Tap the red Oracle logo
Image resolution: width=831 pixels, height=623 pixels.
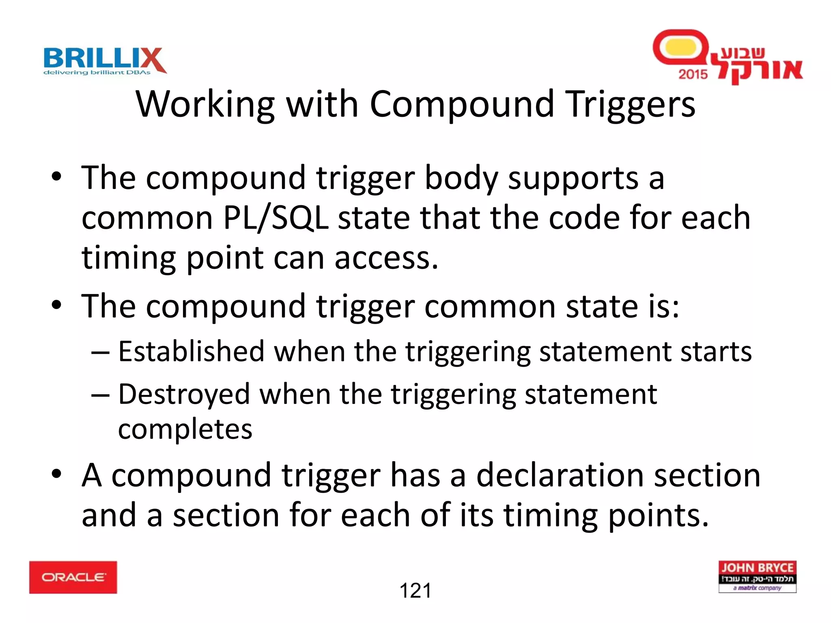pos(73,577)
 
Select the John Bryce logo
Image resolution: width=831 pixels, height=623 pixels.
pos(757,577)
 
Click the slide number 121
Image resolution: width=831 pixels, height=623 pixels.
pos(415,591)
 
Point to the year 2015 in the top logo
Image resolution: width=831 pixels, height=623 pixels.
pos(693,74)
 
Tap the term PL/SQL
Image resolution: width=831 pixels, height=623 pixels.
pos(276,218)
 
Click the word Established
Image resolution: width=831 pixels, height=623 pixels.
pos(191,351)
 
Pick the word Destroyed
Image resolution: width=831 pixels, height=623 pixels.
pos(184,394)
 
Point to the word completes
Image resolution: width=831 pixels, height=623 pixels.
pos(185,429)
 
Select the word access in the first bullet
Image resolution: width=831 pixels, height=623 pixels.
pos(386,258)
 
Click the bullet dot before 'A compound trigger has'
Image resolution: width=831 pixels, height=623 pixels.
pos(56,473)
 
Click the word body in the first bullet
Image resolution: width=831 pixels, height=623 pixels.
pos(461,178)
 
